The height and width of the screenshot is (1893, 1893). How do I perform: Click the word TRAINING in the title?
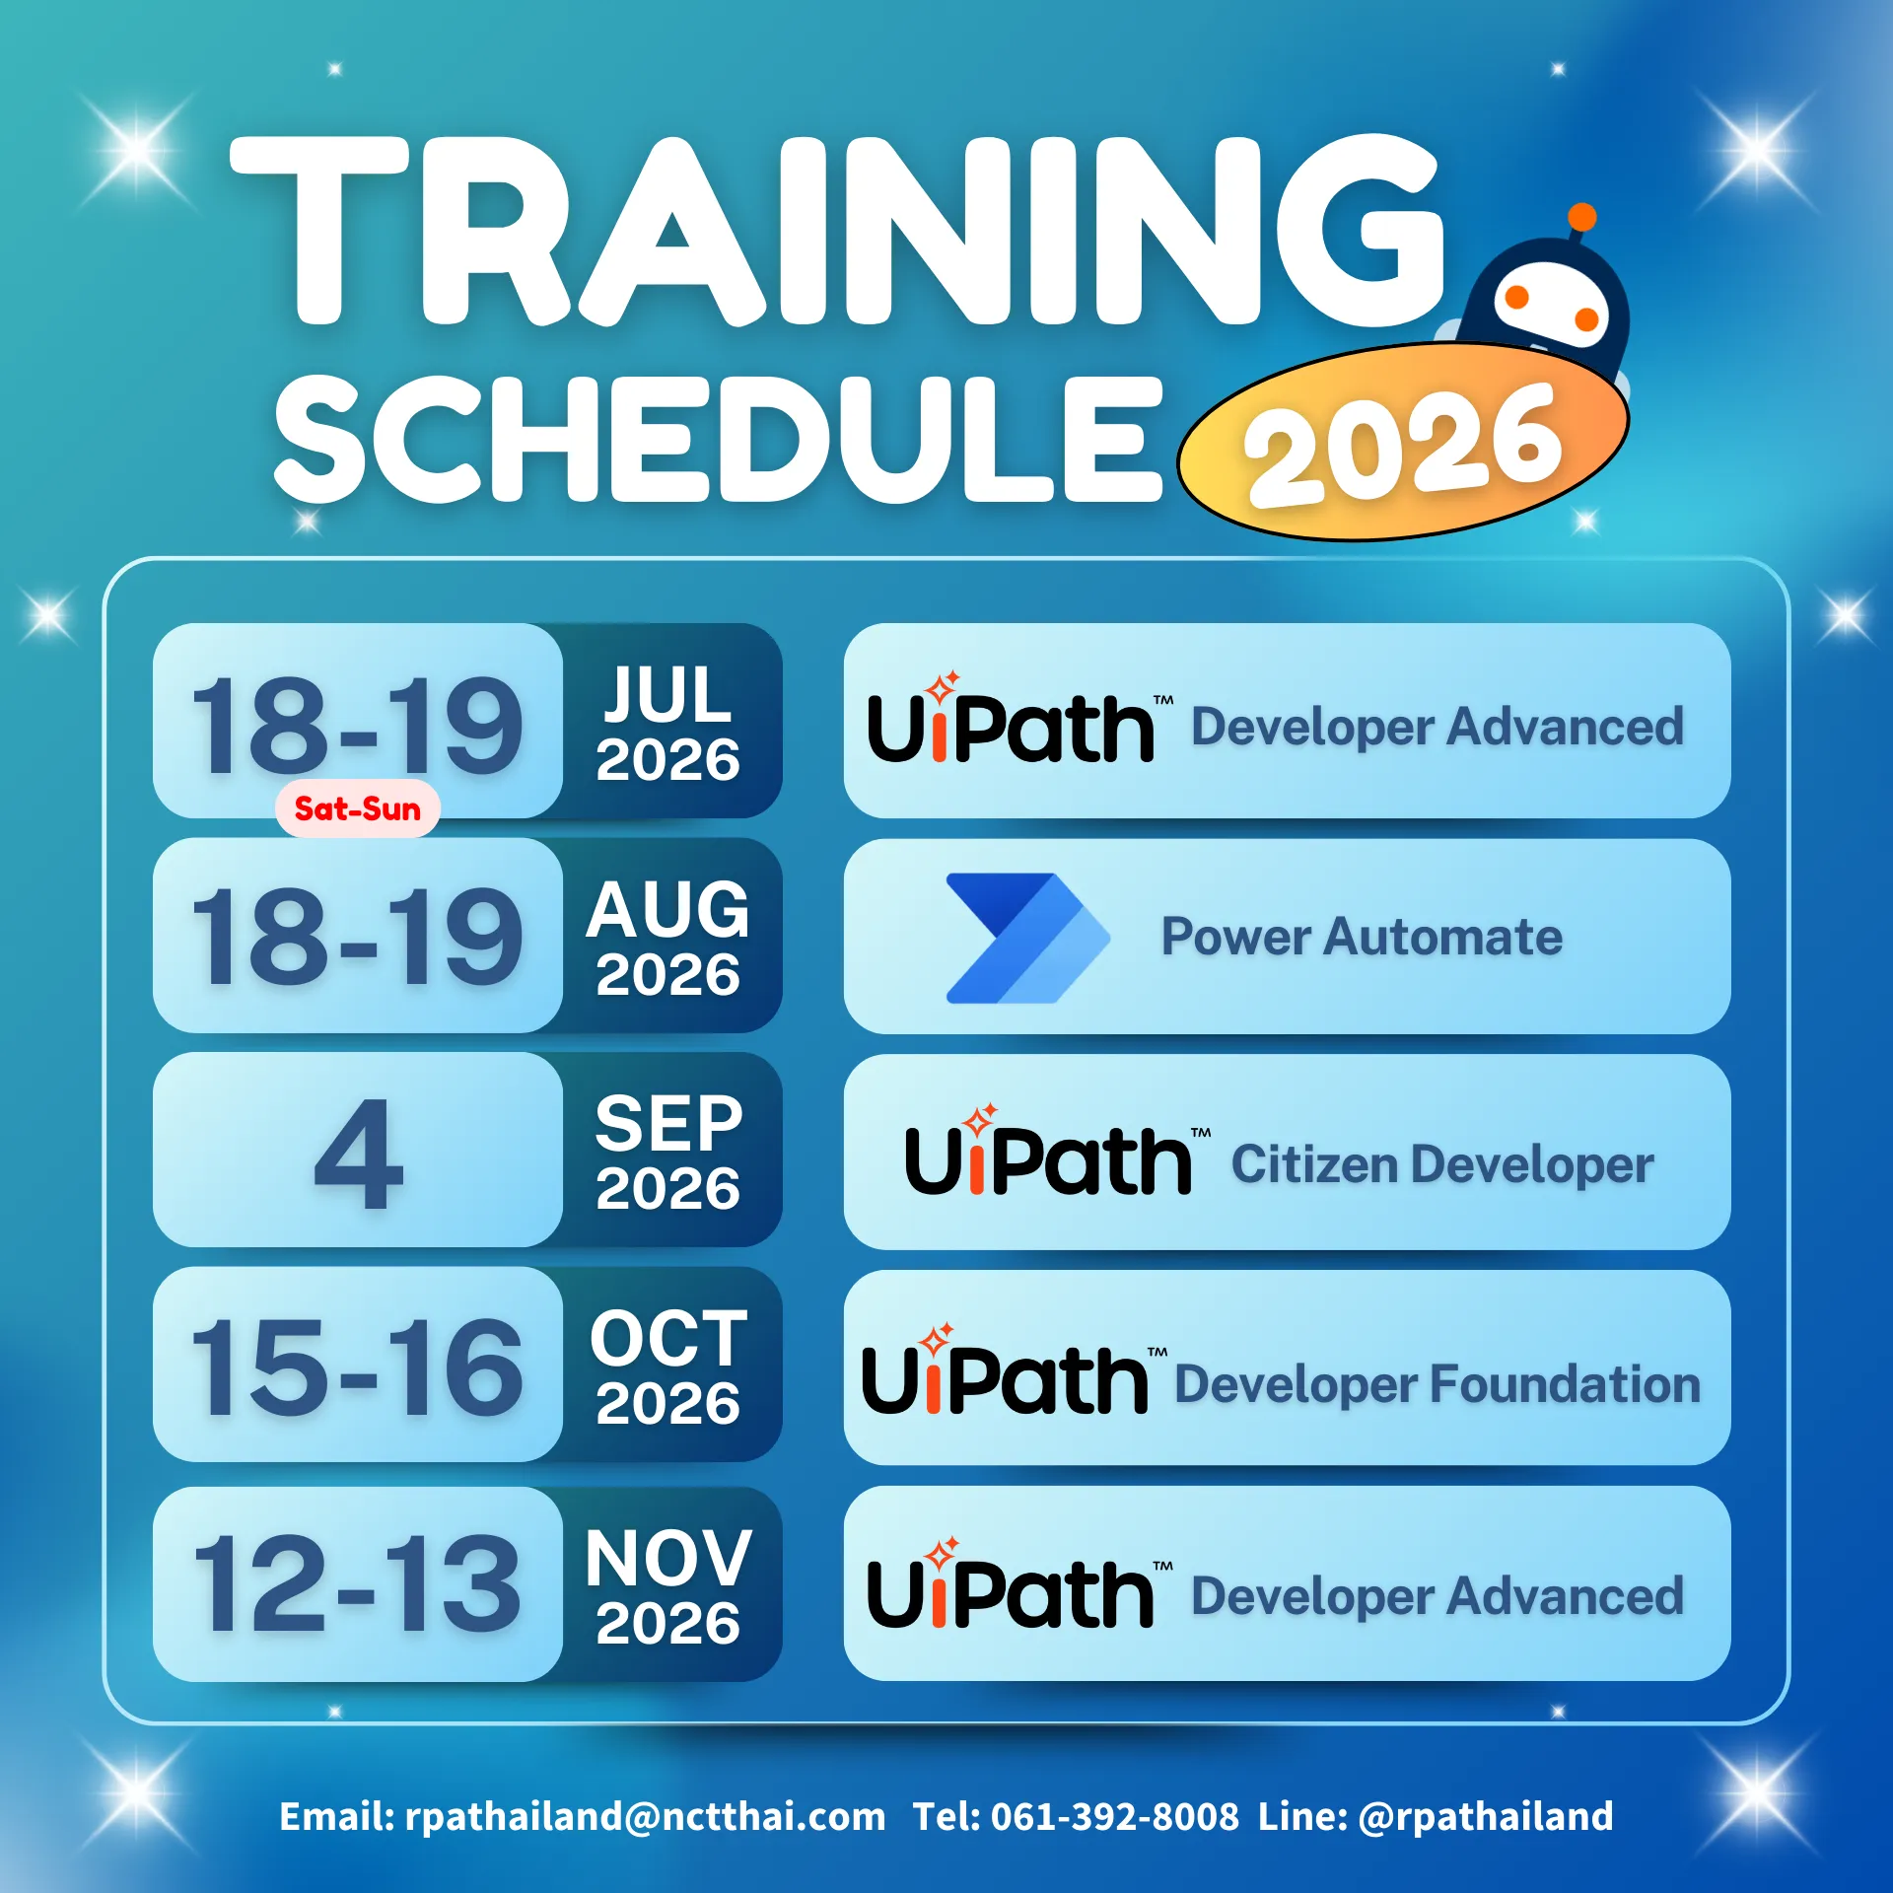click(x=838, y=232)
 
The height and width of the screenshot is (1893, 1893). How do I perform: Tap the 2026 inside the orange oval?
click(x=1403, y=445)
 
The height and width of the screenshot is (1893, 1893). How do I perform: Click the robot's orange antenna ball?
click(x=1581, y=217)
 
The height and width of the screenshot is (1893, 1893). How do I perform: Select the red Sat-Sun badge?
click(x=358, y=808)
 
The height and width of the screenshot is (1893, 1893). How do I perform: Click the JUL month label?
click(x=668, y=694)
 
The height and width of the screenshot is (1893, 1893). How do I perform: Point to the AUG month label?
click(x=668, y=909)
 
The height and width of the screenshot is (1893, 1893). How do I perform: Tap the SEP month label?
click(x=668, y=1123)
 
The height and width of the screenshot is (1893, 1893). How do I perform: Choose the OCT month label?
click(x=668, y=1338)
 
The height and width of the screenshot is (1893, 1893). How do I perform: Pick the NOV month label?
click(x=668, y=1558)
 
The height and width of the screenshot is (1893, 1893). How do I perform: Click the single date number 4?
click(x=359, y=1153)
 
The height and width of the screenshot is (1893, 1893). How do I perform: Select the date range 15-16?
click(x=357, y=1367)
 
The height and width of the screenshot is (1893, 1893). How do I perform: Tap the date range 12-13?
click(x=357, y=1583)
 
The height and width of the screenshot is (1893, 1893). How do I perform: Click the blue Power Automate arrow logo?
click(x=1027, y=938)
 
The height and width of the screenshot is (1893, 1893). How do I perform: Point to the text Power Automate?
click(x=1362, y=937)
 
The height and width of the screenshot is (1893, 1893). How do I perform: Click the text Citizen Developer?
click(x=1442, y=1164)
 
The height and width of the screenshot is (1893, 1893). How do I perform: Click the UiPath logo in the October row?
click(x=1015, y=1369)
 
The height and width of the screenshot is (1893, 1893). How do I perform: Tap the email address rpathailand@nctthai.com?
click(x=645, y=1816)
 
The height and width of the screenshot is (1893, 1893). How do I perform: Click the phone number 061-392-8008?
click(x=1114, y=1816)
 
